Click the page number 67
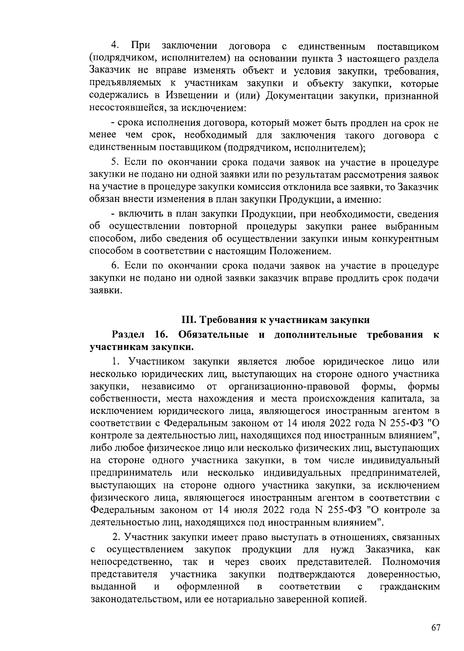coord(436,627)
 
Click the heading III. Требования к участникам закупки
coord(276,320)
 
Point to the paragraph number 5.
coord(114,162)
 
